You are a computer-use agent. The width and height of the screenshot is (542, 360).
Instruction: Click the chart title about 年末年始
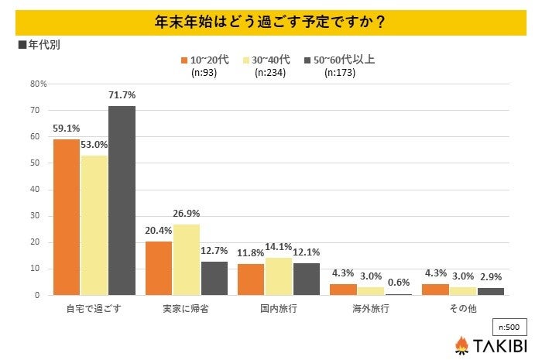tap(271, 20)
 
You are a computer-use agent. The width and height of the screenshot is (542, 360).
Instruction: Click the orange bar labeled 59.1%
tap(67, 217)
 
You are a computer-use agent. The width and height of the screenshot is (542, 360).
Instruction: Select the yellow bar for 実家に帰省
tap(187, 259)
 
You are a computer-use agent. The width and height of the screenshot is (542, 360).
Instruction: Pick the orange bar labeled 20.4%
tap(159, 268)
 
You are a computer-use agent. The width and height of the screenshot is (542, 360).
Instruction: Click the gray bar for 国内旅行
tap(306, 279)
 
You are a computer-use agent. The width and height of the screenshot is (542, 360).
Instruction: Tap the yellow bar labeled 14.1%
tap(279, 276)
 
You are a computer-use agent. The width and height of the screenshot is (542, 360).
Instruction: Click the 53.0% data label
tap(94, 145)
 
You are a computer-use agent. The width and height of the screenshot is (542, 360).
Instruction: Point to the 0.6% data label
tap(399, 283)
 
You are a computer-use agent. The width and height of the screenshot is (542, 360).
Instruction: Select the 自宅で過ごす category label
tap(94, 308)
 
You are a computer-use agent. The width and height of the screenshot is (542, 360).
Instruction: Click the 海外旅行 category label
tap(370, 308)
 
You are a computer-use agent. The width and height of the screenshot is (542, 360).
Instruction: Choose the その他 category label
tap(462, 308)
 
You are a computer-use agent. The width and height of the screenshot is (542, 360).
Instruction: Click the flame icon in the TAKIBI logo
tap(461, 345)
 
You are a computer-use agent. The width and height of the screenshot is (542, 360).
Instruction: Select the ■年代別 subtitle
tap(39, 45)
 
